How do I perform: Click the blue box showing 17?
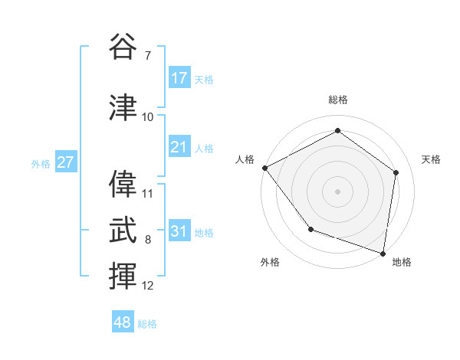[x=179, y=78]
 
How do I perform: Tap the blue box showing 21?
[x=179, y=148]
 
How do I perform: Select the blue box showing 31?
[x=179, y=232]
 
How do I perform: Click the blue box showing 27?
[x=65, y=163]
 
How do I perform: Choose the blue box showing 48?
[x=123, y=322]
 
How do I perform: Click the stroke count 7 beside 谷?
[x=147, y=56]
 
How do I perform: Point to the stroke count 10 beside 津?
[x=148, y=117]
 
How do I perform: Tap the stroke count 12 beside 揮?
[x=148, y=286]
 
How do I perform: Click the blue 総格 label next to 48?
[x=147, y=324]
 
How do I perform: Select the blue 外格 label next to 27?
[x=41, y=164]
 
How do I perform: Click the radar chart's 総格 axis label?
[x=337, y=100]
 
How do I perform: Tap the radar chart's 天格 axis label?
[x=432, y=159]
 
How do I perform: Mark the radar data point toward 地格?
[x=383, y=253]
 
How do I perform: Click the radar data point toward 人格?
[x=264, y=168]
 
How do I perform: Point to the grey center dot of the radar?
[x=337, y=191]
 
